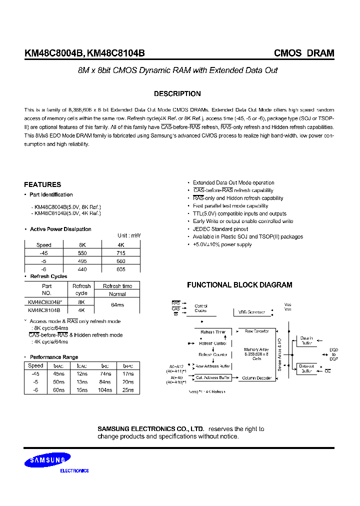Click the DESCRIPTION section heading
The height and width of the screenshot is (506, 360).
(x=177, y=93)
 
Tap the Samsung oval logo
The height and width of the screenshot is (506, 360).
(x=49, y=460)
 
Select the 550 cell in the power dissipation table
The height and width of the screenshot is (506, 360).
(x=82, y=253)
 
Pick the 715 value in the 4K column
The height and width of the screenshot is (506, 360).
(x=120, y=253)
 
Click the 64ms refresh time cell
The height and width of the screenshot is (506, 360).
(x=117, y=305)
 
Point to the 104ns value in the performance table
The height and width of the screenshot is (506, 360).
(x=105, y=390)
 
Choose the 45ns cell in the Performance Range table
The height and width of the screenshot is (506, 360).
(x=58, y=374)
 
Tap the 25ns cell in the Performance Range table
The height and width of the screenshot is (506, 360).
(x=128, y=390)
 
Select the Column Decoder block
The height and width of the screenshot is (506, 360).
(x=257, y=378)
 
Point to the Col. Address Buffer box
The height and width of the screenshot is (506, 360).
(x=212, y=378)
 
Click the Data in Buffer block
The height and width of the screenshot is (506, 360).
(x=305, y=340)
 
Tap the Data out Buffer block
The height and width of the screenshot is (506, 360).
(x=305, y=369)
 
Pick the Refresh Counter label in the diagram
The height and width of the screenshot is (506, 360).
(x=214, y=354)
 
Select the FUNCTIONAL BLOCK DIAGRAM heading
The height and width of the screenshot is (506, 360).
(x=239, y=285)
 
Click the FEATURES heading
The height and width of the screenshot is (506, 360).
(x=42, y=184)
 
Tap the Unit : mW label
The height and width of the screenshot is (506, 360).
(x=129, y=235)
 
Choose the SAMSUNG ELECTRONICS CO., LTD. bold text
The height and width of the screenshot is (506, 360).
(x=150, y=429)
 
